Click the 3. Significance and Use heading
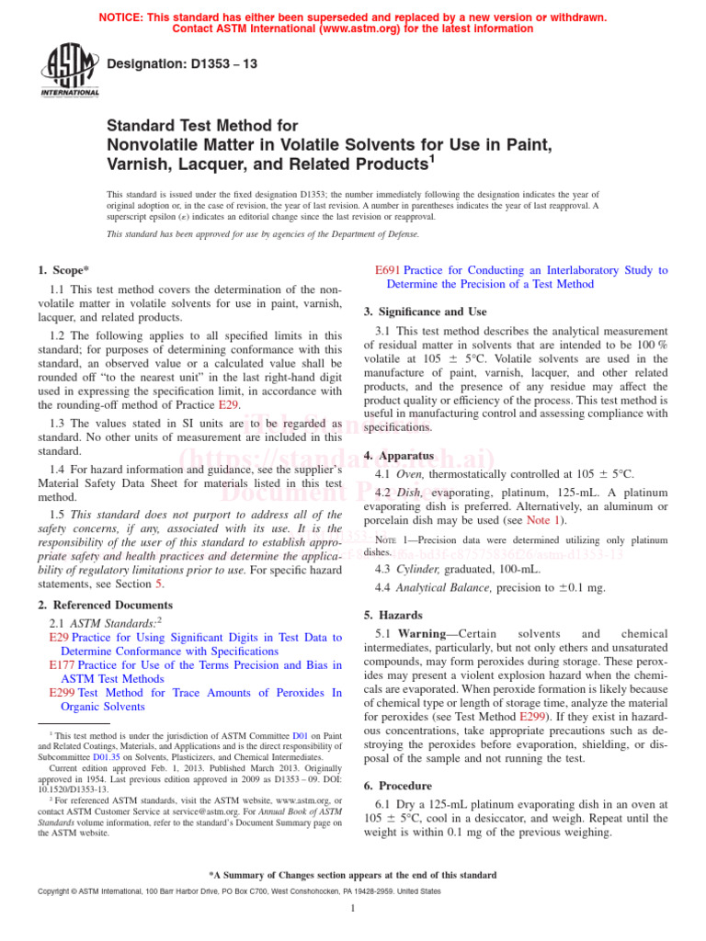coord(427,312)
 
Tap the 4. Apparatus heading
coord(399,455)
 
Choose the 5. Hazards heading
coord(393,615)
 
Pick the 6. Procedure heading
coord(398,786)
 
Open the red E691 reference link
coord(389,270)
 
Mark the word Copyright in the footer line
coord(57,891)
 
